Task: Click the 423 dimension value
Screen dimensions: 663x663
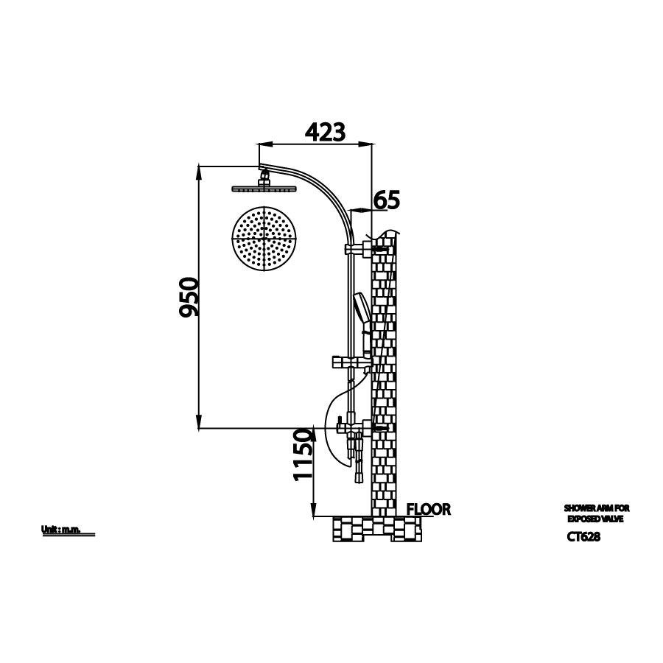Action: (x=325, y=132)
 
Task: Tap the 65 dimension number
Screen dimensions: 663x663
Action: (x=386, y=199)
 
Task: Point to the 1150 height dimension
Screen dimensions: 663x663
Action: (x=304, y=457)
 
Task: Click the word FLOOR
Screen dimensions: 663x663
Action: (x=428, y=509)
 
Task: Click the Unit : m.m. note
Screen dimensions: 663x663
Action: (x=60, y=530)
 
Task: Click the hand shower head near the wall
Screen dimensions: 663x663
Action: (x=360, y=309)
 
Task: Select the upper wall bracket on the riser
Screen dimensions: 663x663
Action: (x=366, y=249)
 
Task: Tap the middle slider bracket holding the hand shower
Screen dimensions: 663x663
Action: (x=350, y=362)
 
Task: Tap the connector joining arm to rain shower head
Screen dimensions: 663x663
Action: (x=263, y=178)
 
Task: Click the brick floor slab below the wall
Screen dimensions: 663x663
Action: (x=377, y=528)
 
